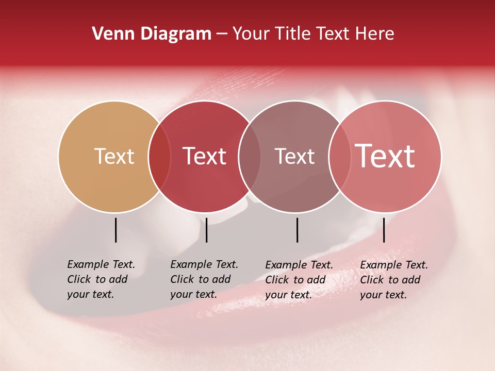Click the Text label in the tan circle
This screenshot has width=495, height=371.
pyautogui.click(x=114, y=156)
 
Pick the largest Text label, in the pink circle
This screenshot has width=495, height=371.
pyautogui.click(x=385, y=156)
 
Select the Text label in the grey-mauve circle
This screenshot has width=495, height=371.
pyautogui.click(x=294, y=156)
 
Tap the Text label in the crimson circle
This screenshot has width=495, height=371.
pyautogui.click(x=204, y=156)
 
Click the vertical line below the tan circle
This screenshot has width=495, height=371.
pyautogui.click(x=115, y=230)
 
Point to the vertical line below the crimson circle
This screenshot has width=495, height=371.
pyautogui.click(x=206, y=230)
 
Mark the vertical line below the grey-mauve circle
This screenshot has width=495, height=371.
pyautogui.click(x=297, y=230)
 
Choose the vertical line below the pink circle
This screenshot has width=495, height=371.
pyautogui.click(x=384, y=230)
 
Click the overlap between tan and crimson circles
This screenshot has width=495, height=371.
pyautogui.click(x=159, y=157)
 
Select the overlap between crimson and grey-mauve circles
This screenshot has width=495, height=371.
pyautogui.click(x=248, y=157)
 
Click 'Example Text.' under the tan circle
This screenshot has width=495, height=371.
pyautogui.click(x=101, y=264)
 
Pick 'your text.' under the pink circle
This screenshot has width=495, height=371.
pyautogui.click(x=383, y=295)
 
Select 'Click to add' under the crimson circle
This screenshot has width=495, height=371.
pyautogui.click(x=200, y=279)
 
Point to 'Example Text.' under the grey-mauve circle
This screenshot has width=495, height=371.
pyautogui.click(x=299, y=265)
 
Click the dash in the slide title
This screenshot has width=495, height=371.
pyautogui.click(x=222, y=34)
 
